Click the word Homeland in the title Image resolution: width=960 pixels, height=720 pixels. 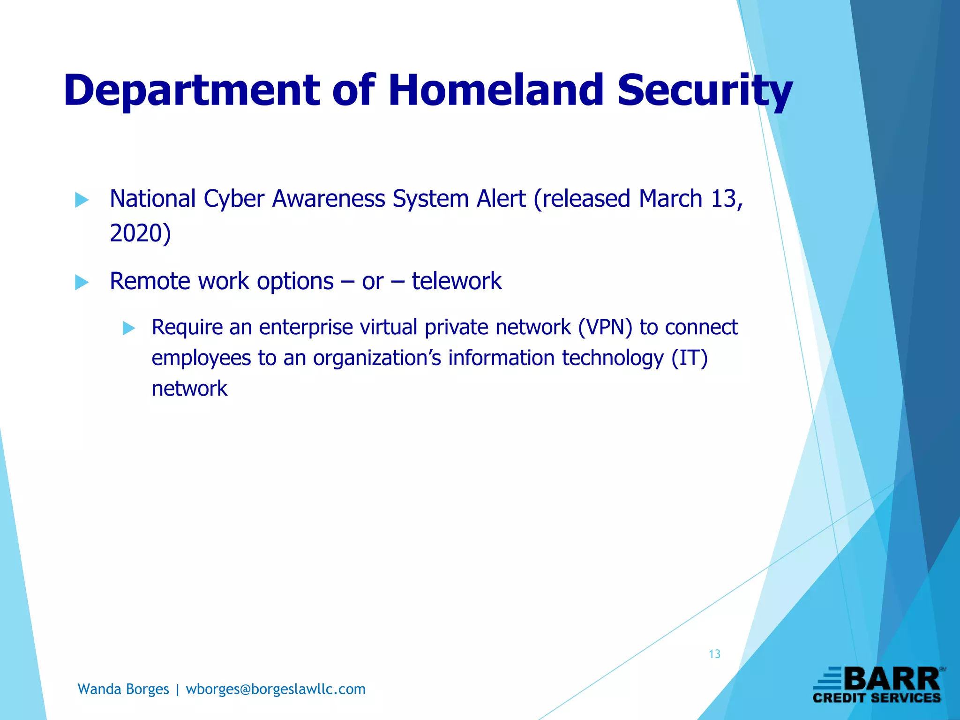496,90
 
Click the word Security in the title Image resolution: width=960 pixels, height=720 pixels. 704,90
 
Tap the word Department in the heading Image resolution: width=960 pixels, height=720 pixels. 192,90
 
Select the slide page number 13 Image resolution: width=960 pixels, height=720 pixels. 714,654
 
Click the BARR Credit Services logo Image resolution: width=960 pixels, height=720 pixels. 877,685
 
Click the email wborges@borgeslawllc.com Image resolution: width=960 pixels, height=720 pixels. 276,689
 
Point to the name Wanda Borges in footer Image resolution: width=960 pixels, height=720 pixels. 123,689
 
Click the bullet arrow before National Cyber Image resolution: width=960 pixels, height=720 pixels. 82,200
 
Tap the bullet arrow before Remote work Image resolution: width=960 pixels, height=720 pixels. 82,283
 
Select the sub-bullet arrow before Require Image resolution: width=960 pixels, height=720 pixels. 129,328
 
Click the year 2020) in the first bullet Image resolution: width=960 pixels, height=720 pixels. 140,233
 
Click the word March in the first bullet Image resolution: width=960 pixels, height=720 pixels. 670,199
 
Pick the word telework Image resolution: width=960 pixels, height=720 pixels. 457,281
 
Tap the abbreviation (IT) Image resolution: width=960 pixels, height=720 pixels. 689,358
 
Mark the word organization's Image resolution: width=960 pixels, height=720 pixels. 377,358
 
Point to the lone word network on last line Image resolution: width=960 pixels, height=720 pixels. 189,389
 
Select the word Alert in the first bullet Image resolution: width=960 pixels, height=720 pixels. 501,199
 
